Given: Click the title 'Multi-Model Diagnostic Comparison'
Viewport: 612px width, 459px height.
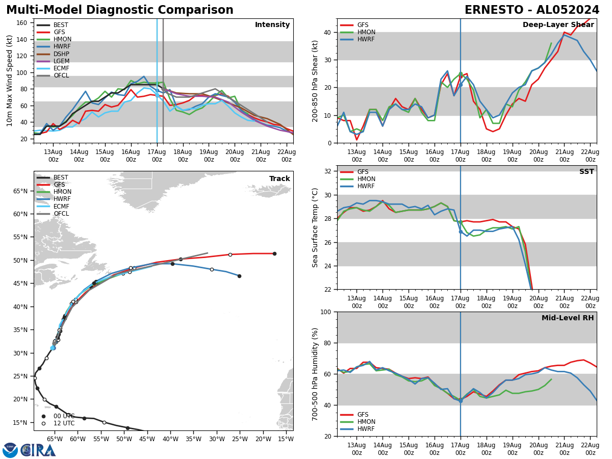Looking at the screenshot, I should (x=120, y=10).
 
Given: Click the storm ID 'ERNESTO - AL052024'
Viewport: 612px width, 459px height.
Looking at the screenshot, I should (x=531, y=10).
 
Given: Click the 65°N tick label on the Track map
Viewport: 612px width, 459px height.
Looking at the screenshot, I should (x=21, y=191).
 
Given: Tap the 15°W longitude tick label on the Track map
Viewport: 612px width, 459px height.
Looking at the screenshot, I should (x=286, y=439).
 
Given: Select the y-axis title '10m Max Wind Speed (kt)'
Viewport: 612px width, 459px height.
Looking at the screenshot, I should (x=10, y=81).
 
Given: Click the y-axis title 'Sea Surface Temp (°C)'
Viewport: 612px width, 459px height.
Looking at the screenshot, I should (x=316, y=227).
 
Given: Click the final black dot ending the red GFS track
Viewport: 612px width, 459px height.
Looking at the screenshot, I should (x=274, y=253).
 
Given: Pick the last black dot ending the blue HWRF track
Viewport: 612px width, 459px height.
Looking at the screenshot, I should (x=239, y=276).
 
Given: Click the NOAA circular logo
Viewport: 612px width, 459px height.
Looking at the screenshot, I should (x=10, y=450).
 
